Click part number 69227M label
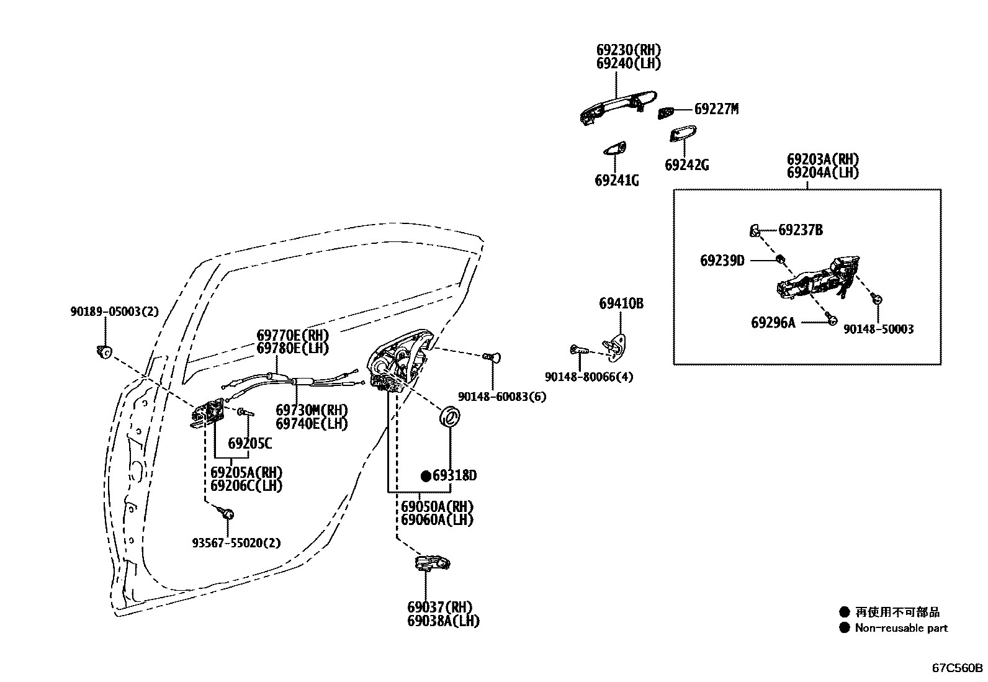pyautogui.click(x=716, y=109)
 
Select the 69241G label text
pyautogui.click(x=616, y=181)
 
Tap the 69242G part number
pyautogui.click(x=686, y=165)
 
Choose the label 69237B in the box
pyautogui.click(x=800, y=230)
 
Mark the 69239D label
pyautogui.click(x=722, y=261)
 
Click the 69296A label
pyautogui.click(x=773, y=323)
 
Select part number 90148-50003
pyautogui.click(x=878, y=330)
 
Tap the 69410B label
pyautogui.click(x=621, y=303)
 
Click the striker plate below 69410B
pyautogui.click(x=615, y=345)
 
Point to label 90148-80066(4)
pyautogui.click(x=589, y=377)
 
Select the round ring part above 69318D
pyautogui.click(x=449, y=416)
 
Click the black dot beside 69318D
pyautogui.click(x=426, y=476)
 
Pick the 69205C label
pyautogui.click(x=249, y=443)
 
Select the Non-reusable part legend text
pyautogui.click(x=901, y=628)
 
